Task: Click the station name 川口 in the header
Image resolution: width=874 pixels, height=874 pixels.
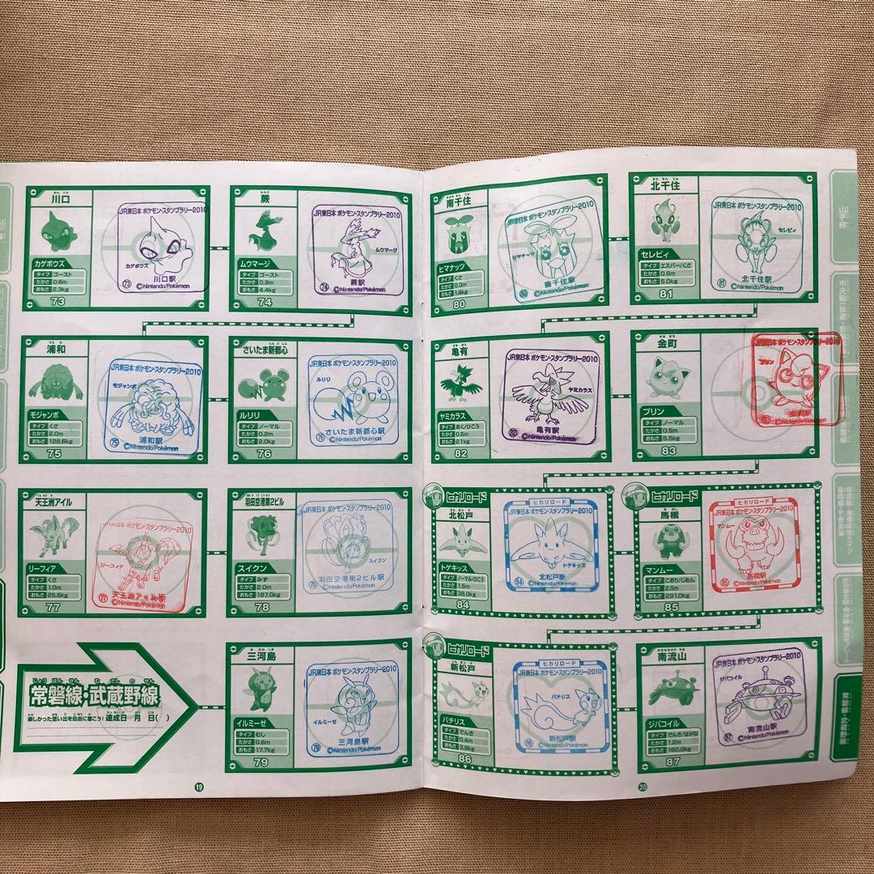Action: point(57,196)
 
